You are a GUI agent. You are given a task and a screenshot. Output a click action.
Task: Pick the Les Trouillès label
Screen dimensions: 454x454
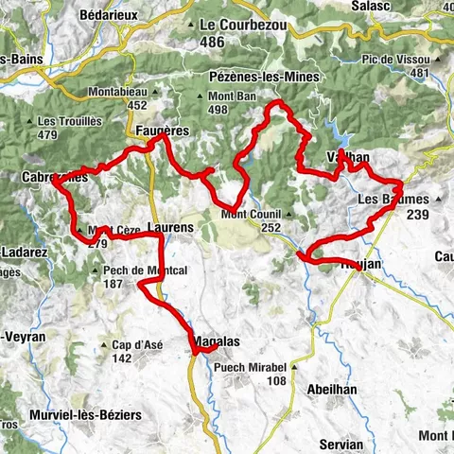pos(69,122)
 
